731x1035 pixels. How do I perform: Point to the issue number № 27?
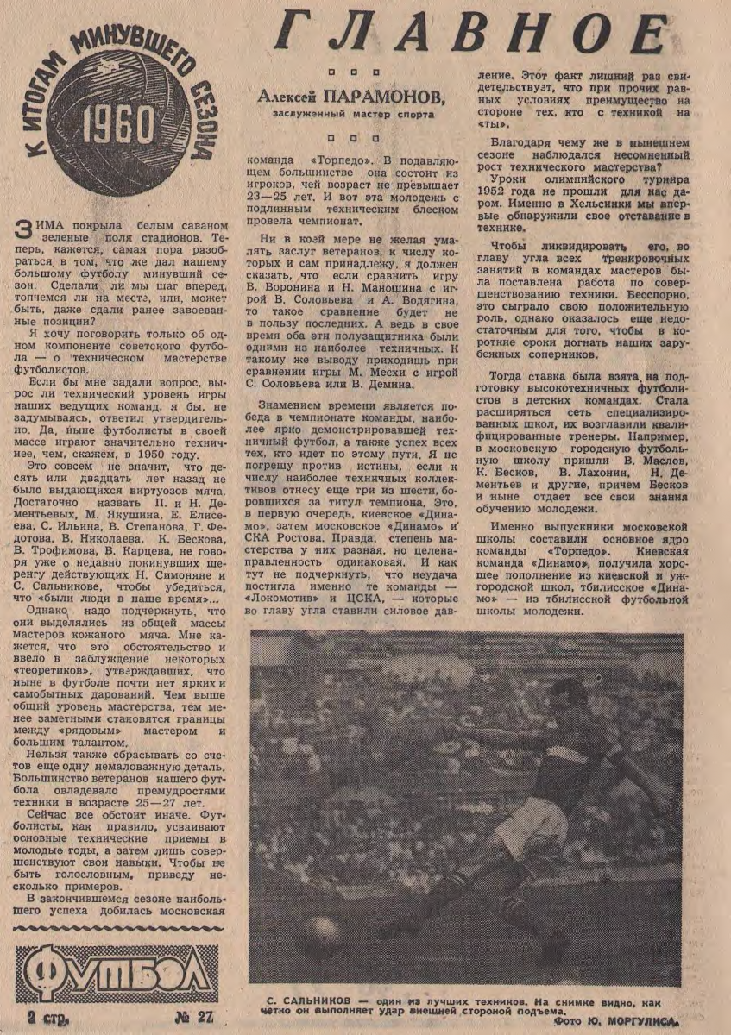pyautogui.click(x=193, y=1015)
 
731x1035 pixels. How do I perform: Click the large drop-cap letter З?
pyautogui.click(x=25, y=229)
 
